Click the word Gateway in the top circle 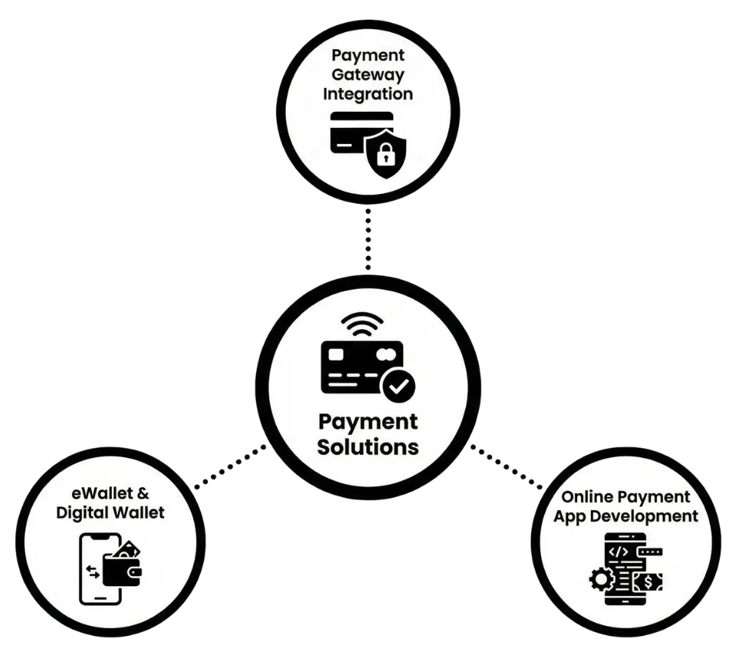coord(367,75)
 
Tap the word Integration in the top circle coord(367,94)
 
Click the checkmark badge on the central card coord(398,387)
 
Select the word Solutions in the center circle coord(368,446)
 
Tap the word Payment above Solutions coord(368,422)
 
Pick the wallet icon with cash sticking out coord(121,565)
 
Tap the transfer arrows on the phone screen coord(93,572)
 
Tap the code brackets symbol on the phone coord(618,551)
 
